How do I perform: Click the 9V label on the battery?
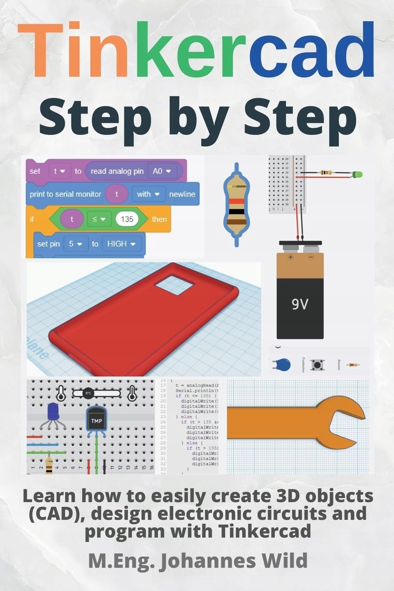tap(300, 304)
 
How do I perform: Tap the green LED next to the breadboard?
tap(357, 175)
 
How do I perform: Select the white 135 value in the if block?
tap(127, 219)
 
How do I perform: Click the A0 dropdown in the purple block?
tap(161, 171)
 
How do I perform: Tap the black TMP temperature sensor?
tap(96, 421)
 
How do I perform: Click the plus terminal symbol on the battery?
tap(291, 257)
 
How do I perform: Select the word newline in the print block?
tap(182, 194)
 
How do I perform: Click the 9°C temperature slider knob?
tap(88, 393)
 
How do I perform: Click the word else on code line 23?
tap(186, 416)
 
